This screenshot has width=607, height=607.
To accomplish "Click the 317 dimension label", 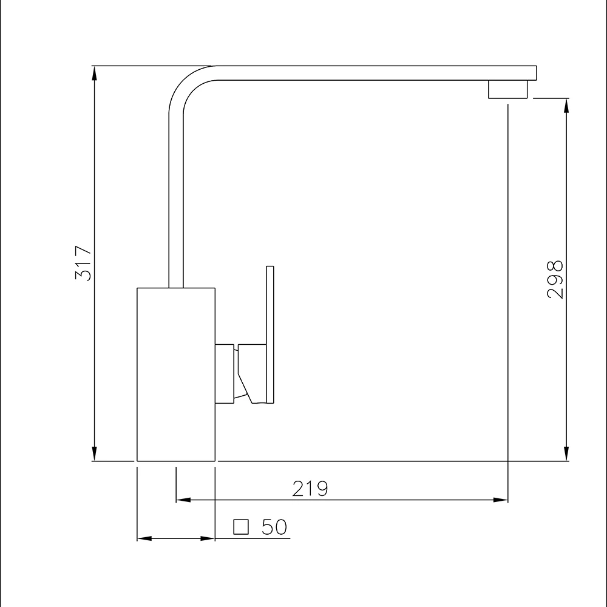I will click(83, 263).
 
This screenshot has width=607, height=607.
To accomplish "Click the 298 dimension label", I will click(555, 279).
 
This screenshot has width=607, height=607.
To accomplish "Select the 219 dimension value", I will click(310, 489).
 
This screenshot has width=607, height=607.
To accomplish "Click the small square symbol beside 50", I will click(242, 527).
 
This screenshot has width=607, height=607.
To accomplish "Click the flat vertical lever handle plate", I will click(270, 334).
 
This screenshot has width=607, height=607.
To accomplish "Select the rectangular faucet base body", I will click(176, 374).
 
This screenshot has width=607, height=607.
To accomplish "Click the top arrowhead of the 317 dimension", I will click(95, 73).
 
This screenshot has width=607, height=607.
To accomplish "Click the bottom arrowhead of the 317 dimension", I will click(95, 454).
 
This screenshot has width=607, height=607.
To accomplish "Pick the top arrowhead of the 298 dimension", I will click(566, 106).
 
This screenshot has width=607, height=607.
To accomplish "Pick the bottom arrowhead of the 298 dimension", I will click(566, 454).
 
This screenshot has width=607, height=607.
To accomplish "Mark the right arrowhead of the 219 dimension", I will click(501, 500).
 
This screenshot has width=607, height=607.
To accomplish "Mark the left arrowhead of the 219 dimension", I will click(183, 500).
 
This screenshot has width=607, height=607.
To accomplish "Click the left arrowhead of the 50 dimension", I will click(144, 538).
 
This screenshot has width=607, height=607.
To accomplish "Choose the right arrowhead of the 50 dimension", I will click(208, 538).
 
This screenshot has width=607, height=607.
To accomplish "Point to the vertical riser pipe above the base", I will click(175, 200).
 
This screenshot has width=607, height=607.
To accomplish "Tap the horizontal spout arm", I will click(364, 73).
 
